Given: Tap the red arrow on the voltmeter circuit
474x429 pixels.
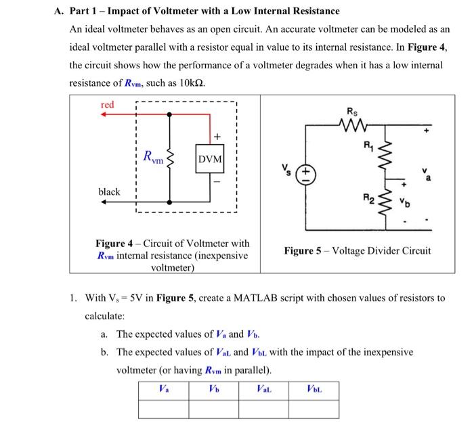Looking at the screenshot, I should [x=106, y=115].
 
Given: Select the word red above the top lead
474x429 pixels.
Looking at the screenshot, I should [x=108, y=105].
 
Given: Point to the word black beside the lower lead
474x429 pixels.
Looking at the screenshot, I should [x=109, y=192].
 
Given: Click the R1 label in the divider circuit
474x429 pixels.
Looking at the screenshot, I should [x=368, y=144].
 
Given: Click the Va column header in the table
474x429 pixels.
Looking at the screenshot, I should [x=163, y=389].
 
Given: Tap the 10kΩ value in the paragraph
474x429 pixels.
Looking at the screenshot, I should [x=192, y=83].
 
